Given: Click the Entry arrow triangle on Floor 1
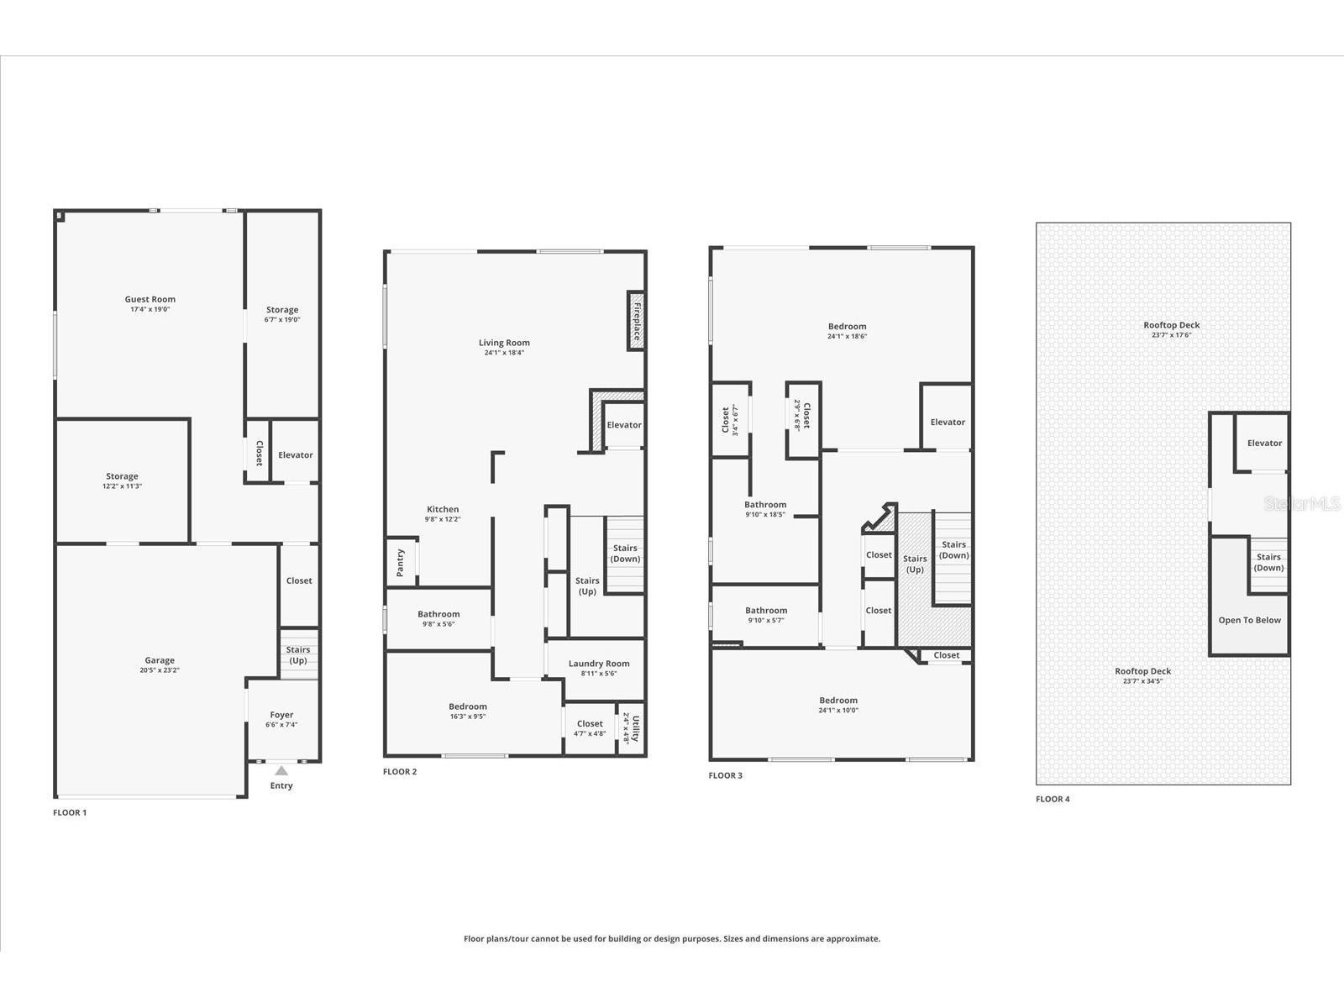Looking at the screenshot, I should tap(281, 770).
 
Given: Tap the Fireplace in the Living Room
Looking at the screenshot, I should tap(636, 320).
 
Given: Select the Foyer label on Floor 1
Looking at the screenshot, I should tap(281, 715).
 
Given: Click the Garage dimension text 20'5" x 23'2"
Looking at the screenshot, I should tap(160, 670).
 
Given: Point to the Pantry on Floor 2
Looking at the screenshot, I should tap(401, 562).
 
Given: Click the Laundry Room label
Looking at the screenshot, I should tap(598, 664).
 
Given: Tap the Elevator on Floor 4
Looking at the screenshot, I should tap(1264, 443).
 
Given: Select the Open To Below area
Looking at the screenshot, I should tap(1249, 620).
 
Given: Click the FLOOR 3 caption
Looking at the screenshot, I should tap(725, 775).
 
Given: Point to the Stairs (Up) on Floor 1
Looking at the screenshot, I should tap(298, 654).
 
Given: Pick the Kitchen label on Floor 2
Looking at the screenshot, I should tap(443, 509).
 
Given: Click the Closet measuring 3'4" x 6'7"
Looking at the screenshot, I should tap(730, 420).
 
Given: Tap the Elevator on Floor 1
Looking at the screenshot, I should tap(296, 454).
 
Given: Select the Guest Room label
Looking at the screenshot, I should tap(150, 299).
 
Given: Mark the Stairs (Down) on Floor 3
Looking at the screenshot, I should tap(953, 550).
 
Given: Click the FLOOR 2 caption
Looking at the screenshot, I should tap(400, 771).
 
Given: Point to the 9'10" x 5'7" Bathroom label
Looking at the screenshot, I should tap(766, 611).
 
